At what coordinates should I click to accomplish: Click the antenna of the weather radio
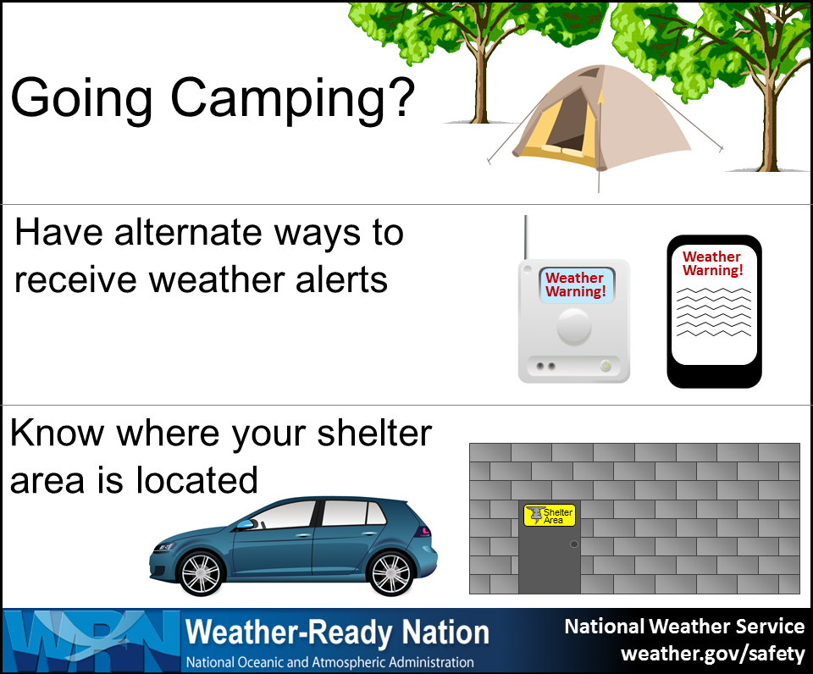(526, 237)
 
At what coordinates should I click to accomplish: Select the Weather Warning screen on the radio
(577, 285)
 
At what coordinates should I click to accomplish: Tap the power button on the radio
(606, 366)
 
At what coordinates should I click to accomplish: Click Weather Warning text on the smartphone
(712, 263)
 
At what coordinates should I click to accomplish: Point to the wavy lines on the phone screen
(714, 312)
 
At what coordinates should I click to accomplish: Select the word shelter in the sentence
(374, 433)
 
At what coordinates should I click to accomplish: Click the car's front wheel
(201, 573)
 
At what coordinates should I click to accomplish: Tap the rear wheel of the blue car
(390, 573)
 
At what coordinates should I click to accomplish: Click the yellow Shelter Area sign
(550, 516)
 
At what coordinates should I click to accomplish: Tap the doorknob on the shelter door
(573, 544)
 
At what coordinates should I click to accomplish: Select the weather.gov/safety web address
(712, 654)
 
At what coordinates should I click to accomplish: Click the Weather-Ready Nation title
(338, 633)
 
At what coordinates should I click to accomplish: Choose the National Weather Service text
(684, 627)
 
